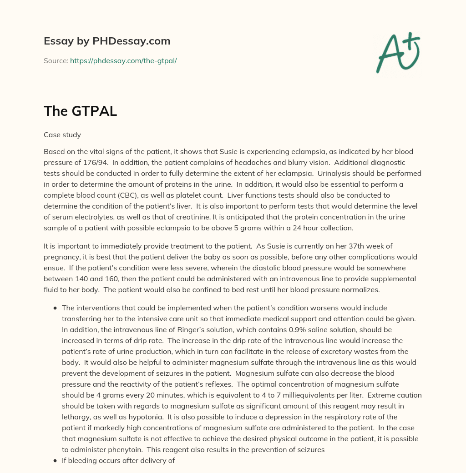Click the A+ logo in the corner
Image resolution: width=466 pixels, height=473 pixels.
[397, 52]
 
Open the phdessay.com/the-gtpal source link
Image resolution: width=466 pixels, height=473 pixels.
[123, 60]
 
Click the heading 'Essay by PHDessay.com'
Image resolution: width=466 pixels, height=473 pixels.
[107, 41]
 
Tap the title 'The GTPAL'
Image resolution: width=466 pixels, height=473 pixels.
[81, 111]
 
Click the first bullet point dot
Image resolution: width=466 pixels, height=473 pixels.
[55, 308]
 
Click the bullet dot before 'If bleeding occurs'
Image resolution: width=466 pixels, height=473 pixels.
[55, 460]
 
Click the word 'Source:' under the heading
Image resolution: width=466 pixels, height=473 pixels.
[56, 60]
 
